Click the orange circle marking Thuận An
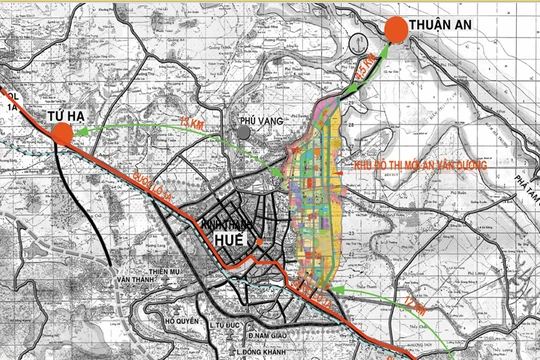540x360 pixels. [x=396, y=30]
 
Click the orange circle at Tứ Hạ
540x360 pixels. [x=63, y=138]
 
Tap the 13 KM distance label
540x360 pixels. [x=192, y=122]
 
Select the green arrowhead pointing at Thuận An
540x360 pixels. [x=381, y=45]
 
